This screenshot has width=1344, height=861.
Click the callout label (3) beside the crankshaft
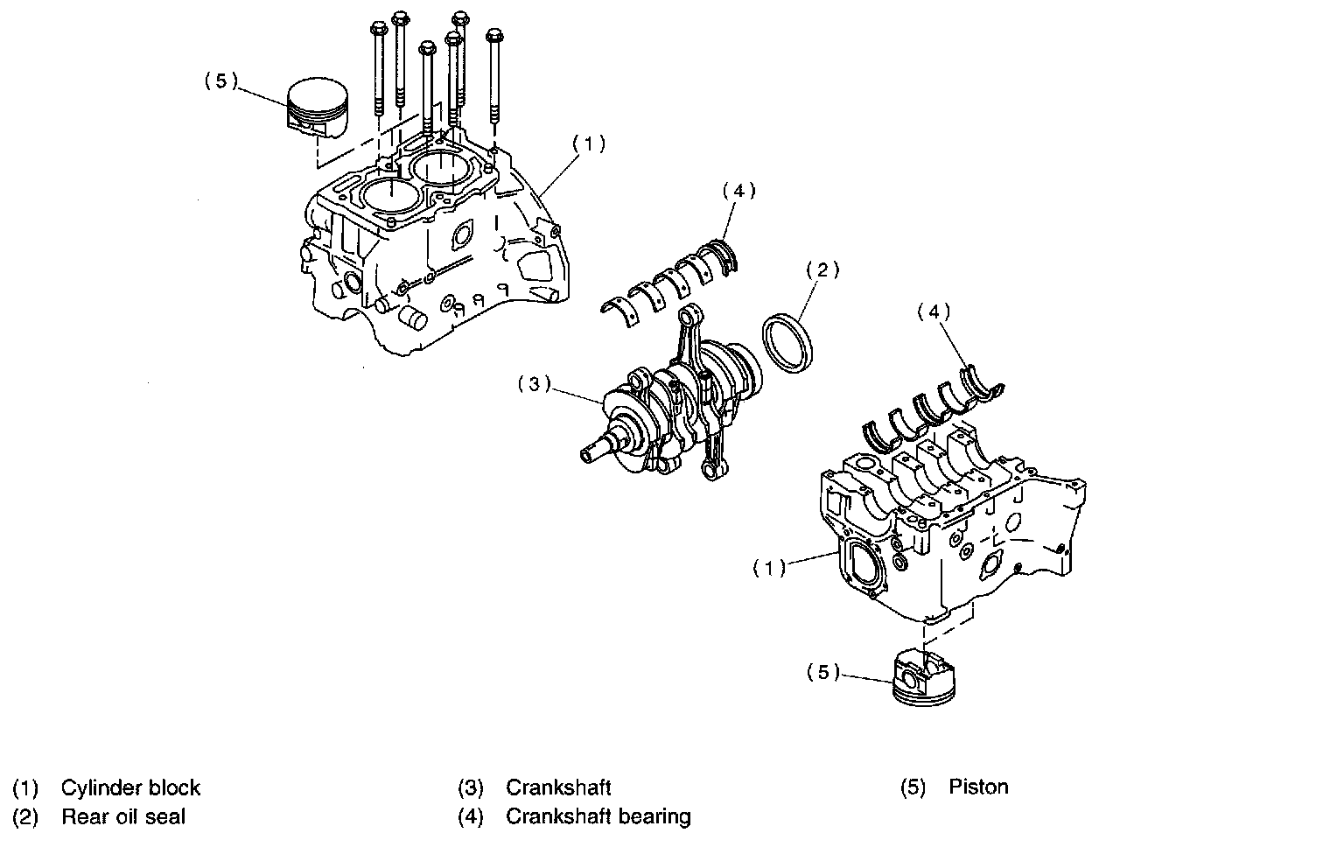(x=533, y=384)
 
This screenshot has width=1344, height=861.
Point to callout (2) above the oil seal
(x=822, y=269)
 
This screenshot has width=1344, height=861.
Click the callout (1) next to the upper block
(x=589, y=143)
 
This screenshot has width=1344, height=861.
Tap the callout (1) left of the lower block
(x=769, y=569)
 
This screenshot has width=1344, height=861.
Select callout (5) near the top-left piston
(x=220, y=80)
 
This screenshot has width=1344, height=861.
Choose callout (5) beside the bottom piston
(x=822, y=672)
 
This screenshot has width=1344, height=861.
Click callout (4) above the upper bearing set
(x=738, y=190)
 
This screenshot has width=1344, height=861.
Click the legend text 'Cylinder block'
(x=130, y=787)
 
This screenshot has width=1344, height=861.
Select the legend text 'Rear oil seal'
(x=123, y=817)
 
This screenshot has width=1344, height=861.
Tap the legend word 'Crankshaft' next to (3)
(x=558, y=787)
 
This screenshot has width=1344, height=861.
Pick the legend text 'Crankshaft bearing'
(x=598, y=817)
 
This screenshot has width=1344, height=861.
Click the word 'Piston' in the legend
(x=978, y=787)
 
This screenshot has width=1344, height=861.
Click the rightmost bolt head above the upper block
(x=494, y=38)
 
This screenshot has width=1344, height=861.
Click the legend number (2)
(x=25, y=817)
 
